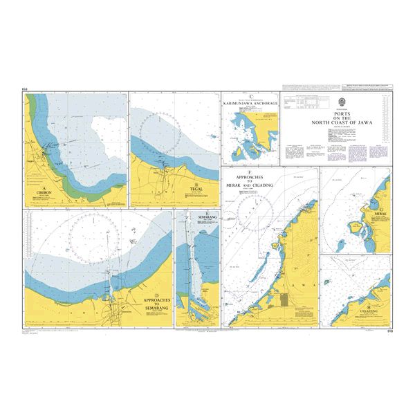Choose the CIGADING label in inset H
[369, 312]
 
